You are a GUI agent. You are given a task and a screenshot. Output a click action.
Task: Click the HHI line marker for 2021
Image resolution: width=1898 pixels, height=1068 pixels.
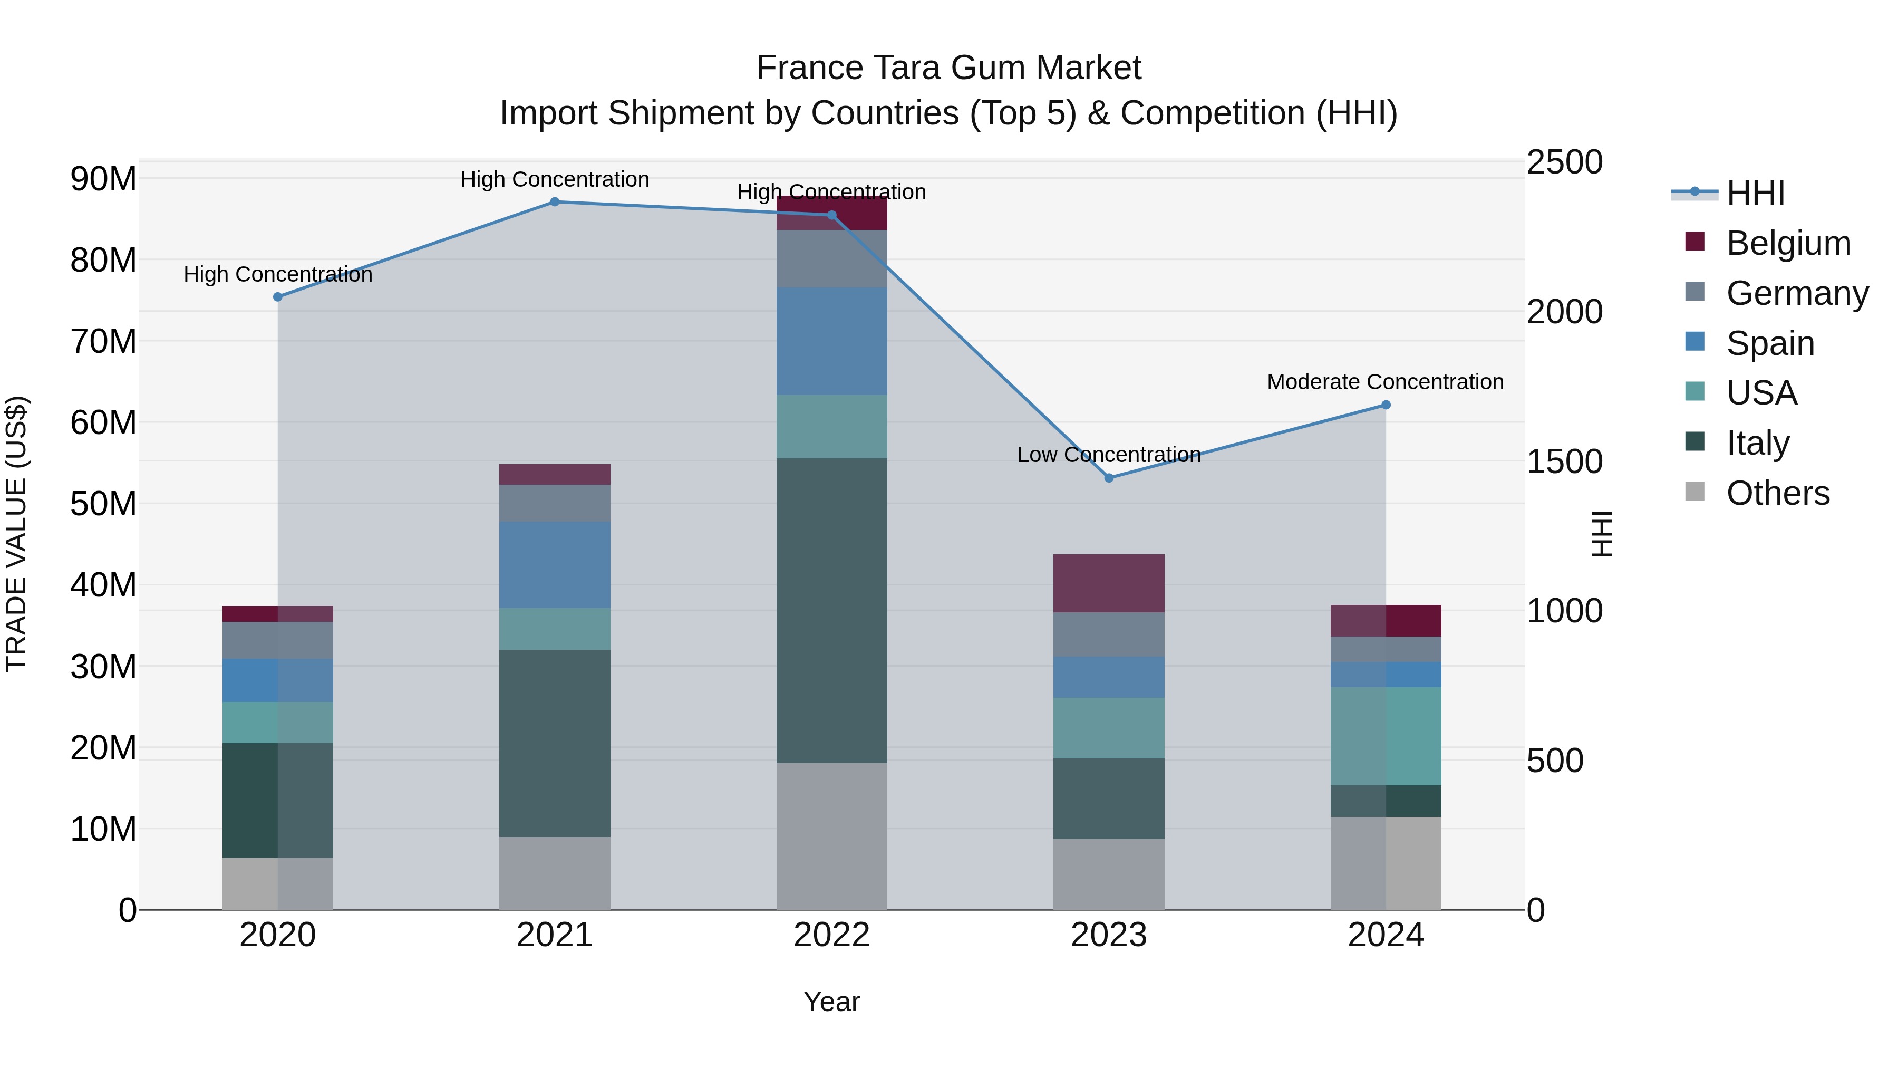point(555,202)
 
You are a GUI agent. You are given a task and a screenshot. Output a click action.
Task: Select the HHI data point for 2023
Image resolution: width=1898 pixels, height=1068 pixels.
point(1109,478)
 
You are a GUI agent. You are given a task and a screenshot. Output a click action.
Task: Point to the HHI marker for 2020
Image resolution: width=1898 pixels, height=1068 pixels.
point(278,297)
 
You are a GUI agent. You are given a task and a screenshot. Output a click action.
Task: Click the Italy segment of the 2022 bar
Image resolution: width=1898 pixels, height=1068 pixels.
point(832,610)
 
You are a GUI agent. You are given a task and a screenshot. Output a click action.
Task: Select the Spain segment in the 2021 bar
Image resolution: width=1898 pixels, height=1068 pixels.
point(555,565)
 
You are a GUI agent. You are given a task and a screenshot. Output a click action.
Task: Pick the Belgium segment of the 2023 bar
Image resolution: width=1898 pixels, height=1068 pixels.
point(1109,583)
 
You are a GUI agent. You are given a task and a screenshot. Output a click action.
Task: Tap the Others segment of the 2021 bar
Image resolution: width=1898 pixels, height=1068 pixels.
point(555,873)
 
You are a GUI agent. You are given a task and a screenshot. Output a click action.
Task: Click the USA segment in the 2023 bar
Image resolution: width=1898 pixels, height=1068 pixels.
point(1109,728)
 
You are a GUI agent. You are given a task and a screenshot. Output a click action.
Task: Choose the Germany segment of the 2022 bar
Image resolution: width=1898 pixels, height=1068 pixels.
point(832,259)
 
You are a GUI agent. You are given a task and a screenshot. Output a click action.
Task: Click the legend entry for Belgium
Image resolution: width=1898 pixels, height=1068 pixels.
point(1788,243)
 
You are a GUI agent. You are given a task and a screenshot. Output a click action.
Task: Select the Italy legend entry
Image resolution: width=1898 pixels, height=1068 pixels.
point(1757,443)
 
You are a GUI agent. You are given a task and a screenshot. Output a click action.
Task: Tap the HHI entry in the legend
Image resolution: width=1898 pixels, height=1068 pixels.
point(1755,193)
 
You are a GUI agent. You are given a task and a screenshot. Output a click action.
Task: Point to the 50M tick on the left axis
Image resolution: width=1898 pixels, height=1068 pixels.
point(103,504)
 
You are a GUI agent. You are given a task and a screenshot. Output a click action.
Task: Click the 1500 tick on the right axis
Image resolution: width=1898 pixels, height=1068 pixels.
point(1564,462)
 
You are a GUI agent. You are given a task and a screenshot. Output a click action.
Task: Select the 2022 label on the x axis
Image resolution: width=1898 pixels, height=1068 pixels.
point(832,935)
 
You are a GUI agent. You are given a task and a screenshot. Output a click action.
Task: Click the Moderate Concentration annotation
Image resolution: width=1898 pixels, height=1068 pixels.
point(1385,382)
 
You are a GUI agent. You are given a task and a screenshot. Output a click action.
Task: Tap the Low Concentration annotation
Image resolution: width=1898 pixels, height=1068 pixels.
point(1109,455)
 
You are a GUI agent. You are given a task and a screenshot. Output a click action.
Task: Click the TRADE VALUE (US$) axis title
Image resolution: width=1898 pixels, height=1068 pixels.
point(16,534)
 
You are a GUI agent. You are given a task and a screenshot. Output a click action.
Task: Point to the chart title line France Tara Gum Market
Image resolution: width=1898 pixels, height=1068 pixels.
point(948,68)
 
